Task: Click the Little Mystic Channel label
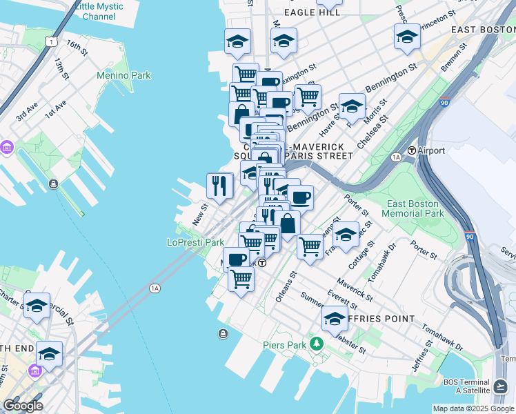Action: (99, 11)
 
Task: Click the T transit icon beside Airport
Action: (411, 150)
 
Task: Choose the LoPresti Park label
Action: (195, 242)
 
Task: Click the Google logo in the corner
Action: (23, 406)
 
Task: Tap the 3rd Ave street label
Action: (27, 112)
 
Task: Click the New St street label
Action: (200, 214)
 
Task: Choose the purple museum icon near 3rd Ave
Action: (8, 148)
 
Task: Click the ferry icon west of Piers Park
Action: (222, 335)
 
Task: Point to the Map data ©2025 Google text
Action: (473, 408)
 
